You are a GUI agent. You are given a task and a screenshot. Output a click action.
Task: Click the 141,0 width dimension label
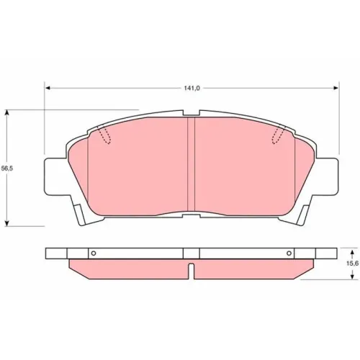click(x=192, y=89)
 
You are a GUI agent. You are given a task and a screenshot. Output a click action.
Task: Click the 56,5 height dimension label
click(x=7, y=168)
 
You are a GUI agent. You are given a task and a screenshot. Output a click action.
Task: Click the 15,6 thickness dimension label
click(x=352, y=264)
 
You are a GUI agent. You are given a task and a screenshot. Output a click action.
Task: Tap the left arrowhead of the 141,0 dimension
click(x=48, y=89)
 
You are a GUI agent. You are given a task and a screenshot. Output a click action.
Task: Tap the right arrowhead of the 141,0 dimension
click(x=336, y=89)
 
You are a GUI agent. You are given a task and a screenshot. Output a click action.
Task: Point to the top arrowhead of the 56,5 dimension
click(x=7, y=113)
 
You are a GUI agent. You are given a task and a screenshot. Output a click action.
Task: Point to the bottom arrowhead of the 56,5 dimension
click(x=7, y=223)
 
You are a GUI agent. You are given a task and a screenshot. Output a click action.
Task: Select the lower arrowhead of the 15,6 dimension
click(x=352, y=276)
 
